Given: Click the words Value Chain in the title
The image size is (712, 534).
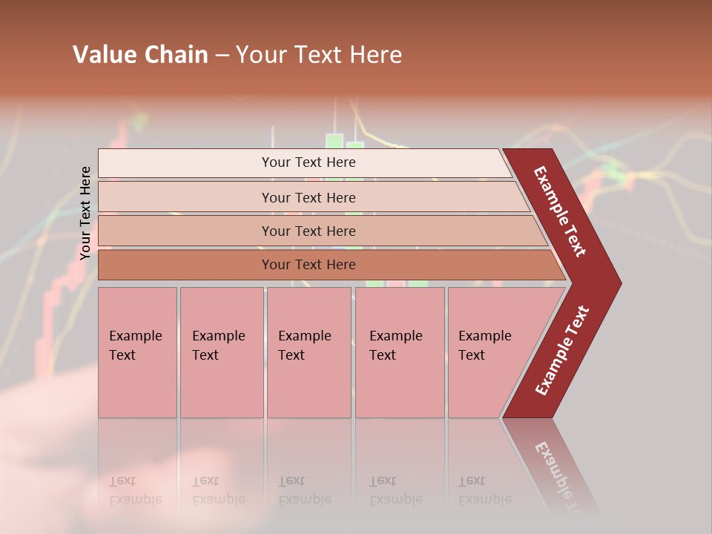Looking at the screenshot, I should [x=140, y=54].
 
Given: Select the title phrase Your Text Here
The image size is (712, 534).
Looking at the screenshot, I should [x=319, y=54].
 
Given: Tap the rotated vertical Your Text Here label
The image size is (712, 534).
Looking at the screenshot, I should [x=85, y=213].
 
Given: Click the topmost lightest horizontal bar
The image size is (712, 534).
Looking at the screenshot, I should [x=185, y=163].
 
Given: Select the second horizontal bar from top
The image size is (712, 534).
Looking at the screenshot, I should [x=185, y=197].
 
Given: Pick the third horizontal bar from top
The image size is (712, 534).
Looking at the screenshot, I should [x=185, y=231].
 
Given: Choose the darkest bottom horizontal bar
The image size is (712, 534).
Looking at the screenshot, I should [x=185, y=265].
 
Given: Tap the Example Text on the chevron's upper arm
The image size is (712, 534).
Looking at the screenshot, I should [x=561, y=211].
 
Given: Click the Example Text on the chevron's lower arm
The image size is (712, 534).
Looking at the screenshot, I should [x=562, y=351].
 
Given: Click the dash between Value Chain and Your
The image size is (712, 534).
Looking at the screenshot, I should [x=222, y=55].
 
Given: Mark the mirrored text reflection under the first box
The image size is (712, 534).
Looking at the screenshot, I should [x=135, y=490].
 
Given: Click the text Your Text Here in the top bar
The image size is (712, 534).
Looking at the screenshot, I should [x=309, y=162].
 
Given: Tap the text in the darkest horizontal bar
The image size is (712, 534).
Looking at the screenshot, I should [x=309, y=265].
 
